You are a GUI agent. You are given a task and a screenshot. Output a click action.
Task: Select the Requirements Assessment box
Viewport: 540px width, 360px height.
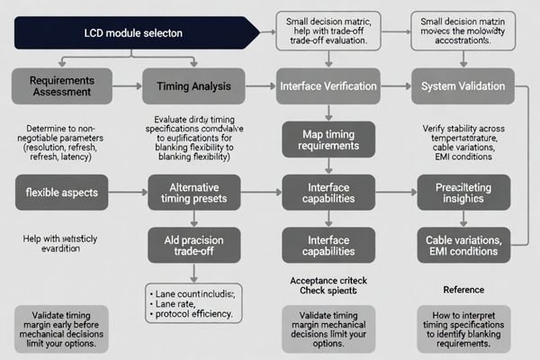point(62,85)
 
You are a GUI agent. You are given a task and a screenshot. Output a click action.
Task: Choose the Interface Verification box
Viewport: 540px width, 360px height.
point(329,85)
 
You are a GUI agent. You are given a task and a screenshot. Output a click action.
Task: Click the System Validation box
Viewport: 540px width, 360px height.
point(463,85)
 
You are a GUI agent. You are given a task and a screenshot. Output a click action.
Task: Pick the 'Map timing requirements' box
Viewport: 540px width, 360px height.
point(329,139)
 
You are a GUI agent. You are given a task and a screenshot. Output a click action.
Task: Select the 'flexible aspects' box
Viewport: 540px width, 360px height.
point(62,192)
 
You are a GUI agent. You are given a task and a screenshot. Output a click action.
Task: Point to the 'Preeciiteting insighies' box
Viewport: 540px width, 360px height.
point(463,192)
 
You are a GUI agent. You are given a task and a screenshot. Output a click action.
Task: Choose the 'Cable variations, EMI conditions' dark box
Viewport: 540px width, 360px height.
point(463,244)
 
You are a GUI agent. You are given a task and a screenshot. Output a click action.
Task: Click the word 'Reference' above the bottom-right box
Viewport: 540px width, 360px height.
point(463,289)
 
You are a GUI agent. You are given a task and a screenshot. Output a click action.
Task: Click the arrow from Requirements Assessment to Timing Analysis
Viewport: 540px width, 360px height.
point(130,85)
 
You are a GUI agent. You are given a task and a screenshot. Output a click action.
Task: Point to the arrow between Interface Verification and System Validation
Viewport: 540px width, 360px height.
point(396,85)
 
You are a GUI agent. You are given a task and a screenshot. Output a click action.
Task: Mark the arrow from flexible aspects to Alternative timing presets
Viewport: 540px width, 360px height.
point(130,192)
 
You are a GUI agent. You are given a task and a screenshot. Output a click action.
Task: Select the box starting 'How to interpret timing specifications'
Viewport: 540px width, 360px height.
point(463,329)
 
